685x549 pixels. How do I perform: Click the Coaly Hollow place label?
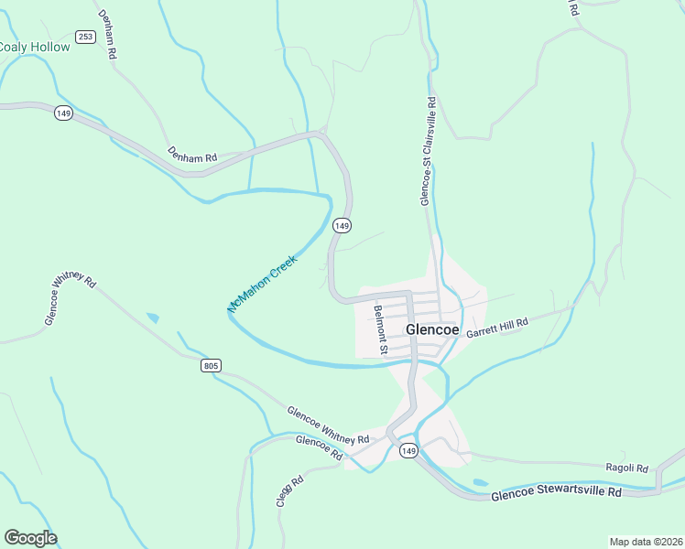[34, 47]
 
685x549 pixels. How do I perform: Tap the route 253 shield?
[86, 37]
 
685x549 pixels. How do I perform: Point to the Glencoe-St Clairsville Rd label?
[427, 152]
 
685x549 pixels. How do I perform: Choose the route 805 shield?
[211, 366]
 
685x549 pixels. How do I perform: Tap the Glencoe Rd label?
[320, 447]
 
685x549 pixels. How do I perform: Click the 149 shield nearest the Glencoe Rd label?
[408, 451]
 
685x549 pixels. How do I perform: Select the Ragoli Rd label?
[626, 467]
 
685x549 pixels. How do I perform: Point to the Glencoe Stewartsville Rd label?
[556, 493]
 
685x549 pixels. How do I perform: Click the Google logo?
[30, 538]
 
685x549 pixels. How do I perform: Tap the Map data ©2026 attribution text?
[646, 542]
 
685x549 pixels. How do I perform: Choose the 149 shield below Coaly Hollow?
[63, 113]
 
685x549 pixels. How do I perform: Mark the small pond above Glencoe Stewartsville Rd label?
[480, 482]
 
